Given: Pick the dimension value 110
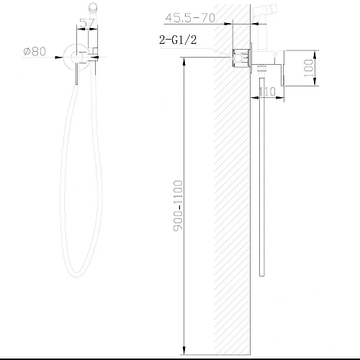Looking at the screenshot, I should (x=268, y=91).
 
